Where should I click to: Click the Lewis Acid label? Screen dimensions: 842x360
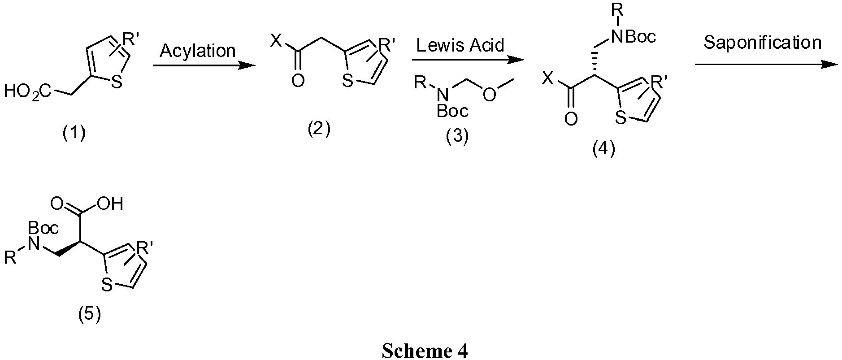pos(460,45)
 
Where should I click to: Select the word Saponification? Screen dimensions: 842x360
pos(763,43)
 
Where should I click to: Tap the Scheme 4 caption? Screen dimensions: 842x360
pos(425,351)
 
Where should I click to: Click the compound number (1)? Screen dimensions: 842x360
pos(74,133)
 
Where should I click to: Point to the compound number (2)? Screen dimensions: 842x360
pos(318,130)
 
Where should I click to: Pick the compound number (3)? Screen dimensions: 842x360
pos(457,136)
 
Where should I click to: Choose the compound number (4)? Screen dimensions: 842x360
pos(604,149)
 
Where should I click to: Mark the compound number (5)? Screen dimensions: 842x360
pos(90,314)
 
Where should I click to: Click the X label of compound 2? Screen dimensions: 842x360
pos(277,42)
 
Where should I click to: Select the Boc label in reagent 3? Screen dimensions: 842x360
pos(452,110)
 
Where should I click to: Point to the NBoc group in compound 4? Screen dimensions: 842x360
pos(632,36)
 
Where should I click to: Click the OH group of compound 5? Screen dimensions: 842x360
pos(110,204)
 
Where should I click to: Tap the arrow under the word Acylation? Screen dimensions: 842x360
pos(204,66)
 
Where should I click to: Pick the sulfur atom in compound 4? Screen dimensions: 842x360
pos(621,118)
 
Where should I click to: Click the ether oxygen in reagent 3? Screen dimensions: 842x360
pos(490,95)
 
